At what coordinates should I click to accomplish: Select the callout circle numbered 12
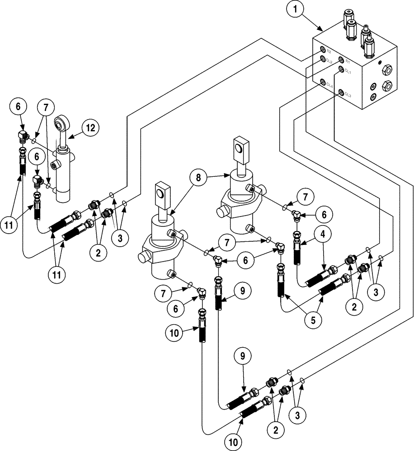(90, 128)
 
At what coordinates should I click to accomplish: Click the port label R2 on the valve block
(328, 53)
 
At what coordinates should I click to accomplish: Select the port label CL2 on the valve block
(329, 61)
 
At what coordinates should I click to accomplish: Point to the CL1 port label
(348, 70)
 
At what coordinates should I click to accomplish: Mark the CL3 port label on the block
(348, 95)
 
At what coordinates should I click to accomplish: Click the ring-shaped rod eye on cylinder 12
(61, 124)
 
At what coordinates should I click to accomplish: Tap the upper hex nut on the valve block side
(387, 69)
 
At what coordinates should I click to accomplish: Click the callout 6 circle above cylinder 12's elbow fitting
(19, 107)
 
